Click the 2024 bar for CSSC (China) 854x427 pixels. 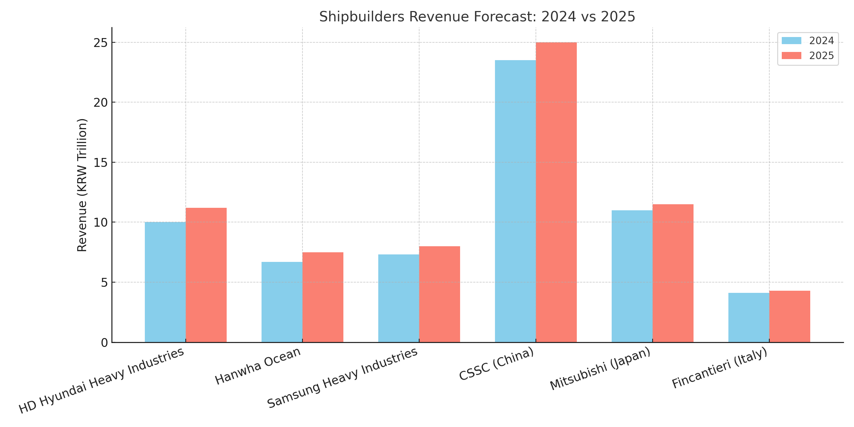515,201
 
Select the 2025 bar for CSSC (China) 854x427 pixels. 556,192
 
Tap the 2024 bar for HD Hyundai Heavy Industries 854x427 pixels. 165,282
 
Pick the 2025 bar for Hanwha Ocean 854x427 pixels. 323,297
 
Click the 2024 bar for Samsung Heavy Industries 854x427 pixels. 399,298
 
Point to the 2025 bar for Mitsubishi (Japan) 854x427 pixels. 673,273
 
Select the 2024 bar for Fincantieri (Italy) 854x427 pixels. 749,317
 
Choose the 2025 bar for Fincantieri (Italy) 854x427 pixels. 790,316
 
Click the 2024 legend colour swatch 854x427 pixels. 791,41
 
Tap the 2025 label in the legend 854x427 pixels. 822,56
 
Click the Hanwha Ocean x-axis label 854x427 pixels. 258,366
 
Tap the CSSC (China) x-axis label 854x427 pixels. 497,364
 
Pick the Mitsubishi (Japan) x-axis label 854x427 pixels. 600,369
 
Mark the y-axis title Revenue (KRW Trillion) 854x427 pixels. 82,185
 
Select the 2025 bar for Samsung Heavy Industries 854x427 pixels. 439,294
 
